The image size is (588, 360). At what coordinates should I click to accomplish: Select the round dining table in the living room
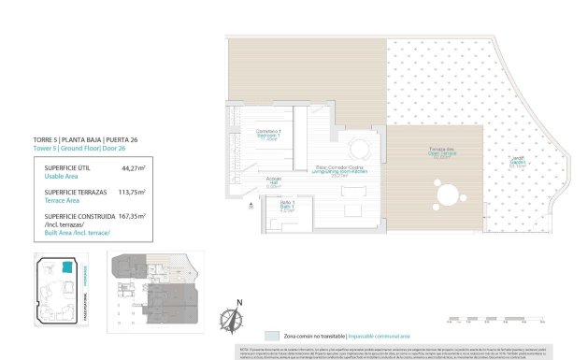(356, 147)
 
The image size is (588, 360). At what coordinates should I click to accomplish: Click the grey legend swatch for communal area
(271, 335)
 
